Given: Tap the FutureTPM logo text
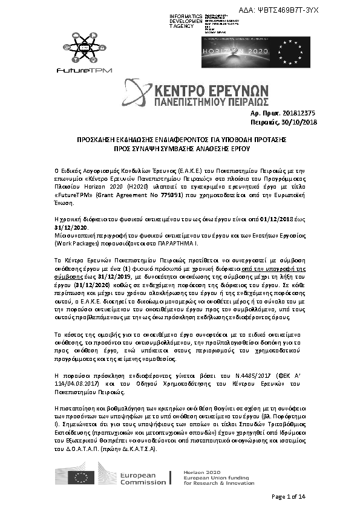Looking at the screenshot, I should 76,70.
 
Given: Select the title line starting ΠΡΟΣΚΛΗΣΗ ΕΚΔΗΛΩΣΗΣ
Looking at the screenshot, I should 181,139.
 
